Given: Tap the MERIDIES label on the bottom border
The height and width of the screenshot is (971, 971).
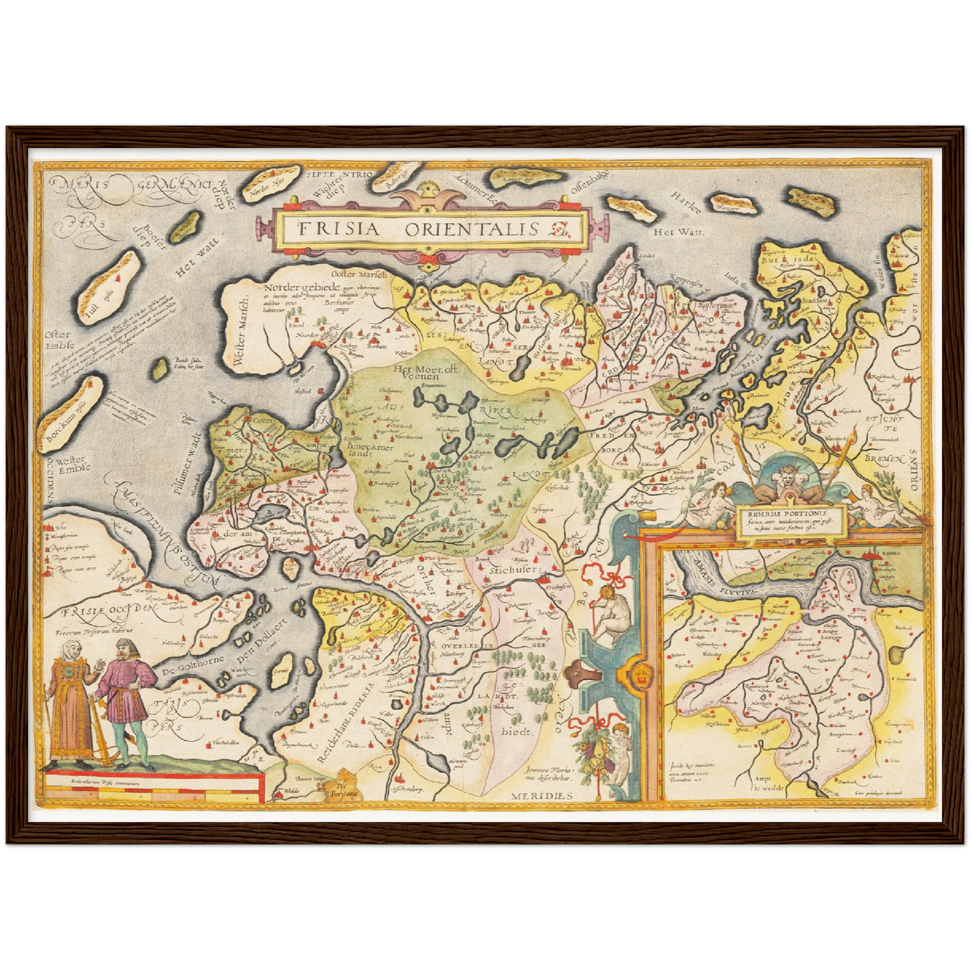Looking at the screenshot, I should (542, 796).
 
